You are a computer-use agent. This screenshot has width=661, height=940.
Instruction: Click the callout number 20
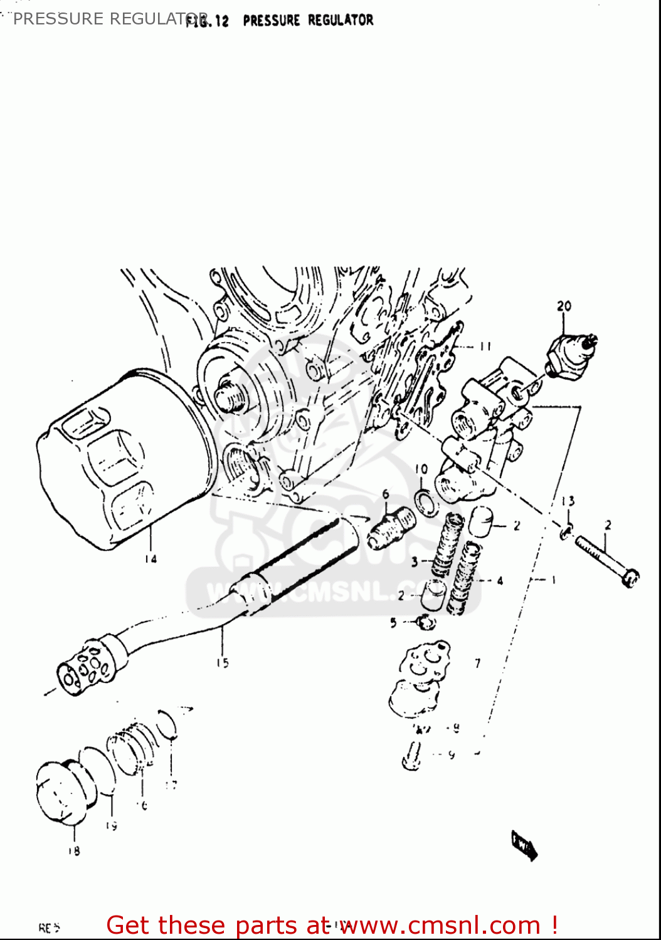pyautogui.click(x=564, y=306)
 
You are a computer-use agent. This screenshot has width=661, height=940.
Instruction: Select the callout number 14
pyautogui.click(x=151, y=558)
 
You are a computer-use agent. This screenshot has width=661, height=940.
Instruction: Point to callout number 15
pyautogui.click(x=223, y=662)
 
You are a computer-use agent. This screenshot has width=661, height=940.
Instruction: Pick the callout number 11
pyautogui.click(x=485, y=346)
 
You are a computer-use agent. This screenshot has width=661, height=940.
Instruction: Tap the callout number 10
pyautogui.click(x=421, y=469)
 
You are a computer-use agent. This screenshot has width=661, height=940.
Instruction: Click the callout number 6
pyautogui.click(x=386, y=494)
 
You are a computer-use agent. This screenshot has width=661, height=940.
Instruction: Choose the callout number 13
pyautogui.click(x=568, y=501)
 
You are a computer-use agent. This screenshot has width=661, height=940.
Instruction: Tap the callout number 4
pyautogui.click(x=500, y=581)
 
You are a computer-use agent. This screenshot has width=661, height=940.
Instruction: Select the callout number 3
pyautogui.click(x=415, y=561)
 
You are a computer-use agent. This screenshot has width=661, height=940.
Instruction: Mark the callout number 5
pyautogui.click(x=393, y=622)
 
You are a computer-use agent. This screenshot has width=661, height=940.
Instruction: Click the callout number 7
pyautogui.click(x=478, y=662)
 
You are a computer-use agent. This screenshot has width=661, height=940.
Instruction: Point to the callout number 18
pyautogui.click(x=74, y=850)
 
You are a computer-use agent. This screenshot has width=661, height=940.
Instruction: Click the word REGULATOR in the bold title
pyautogui.click(x=341, y=20)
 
